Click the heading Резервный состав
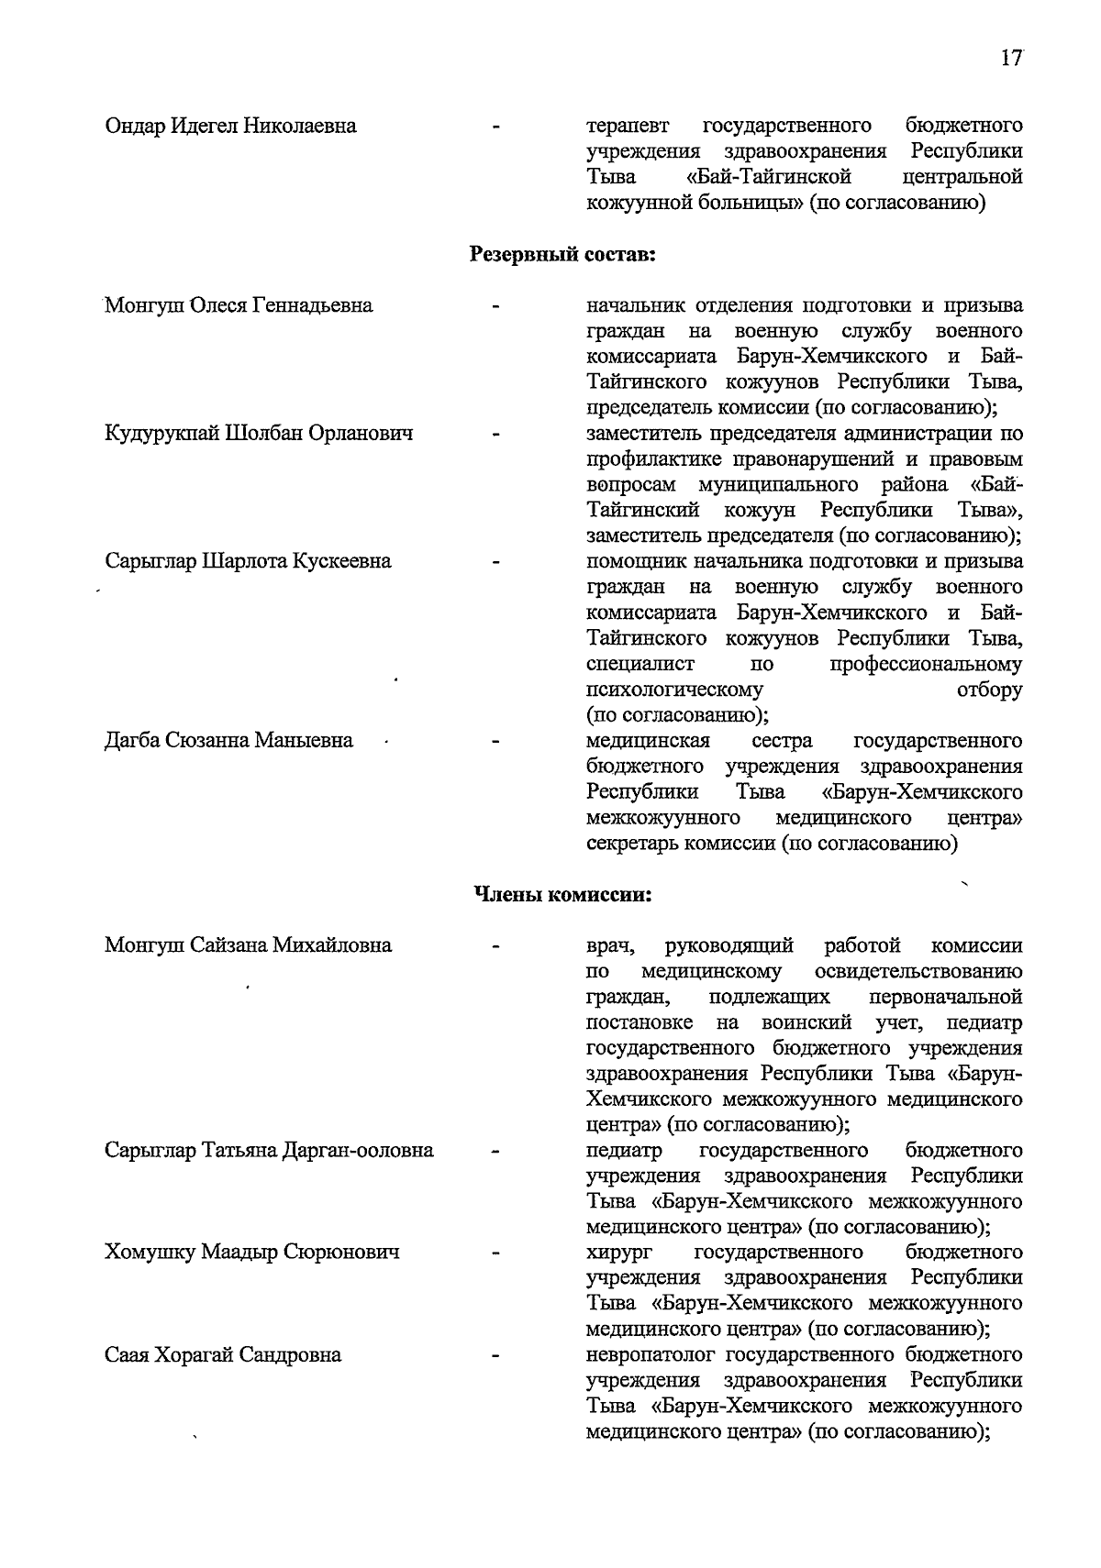562,254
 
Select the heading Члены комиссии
562,895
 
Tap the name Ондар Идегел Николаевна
230,126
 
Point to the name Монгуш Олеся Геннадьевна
239,305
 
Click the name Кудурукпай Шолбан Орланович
259,434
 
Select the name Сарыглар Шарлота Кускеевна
248,561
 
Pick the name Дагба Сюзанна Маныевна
228,740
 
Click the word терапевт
628,126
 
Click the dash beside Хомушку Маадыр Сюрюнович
496,1253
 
